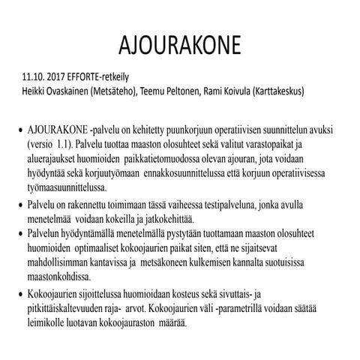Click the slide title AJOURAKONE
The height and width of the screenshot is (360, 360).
(x=180, y=44)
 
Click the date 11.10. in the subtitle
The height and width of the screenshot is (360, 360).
(x=39, y=77)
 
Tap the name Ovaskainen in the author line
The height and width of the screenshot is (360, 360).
(x=77, y=90)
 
